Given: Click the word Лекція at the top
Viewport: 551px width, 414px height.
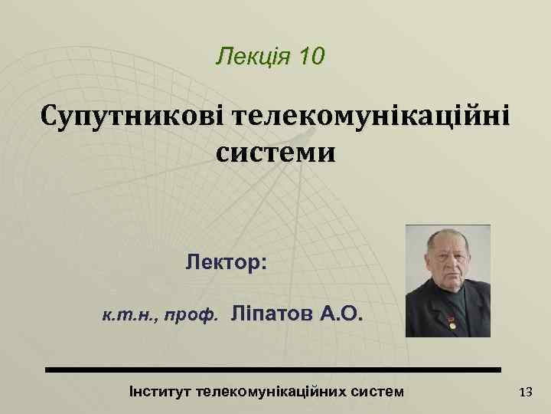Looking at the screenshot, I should (x=249, y=56).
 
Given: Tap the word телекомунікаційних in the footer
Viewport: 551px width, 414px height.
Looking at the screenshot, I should (x=273, y=392).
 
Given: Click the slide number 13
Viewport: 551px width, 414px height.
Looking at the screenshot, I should (x=525, y=393).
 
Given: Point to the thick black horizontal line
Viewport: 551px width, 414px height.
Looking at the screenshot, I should (x=272, y=370).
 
